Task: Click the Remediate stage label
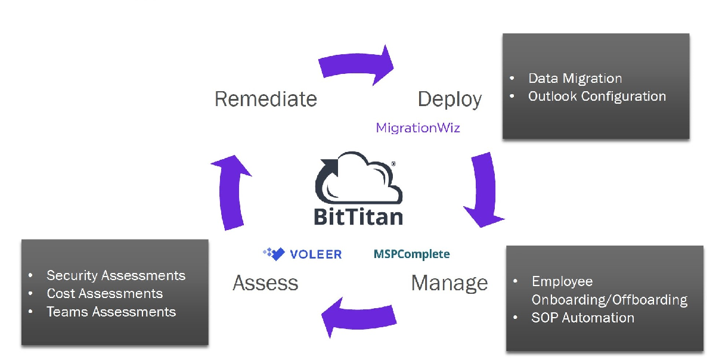(265, 99)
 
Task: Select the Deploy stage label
(450, 99)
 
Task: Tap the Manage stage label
(449, 283)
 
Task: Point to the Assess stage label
(265, 283)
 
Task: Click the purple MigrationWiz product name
(418, 128)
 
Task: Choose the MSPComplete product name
(411, 255)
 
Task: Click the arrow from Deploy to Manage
(484, 190)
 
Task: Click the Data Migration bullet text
(575, 79)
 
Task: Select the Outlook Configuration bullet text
(597, 97)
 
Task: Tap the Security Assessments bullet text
(116, 275)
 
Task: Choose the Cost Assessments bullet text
(104, 294)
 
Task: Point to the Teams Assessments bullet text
(111, 312)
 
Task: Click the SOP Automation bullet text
(582, 318)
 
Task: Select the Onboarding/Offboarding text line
(609, 300)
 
